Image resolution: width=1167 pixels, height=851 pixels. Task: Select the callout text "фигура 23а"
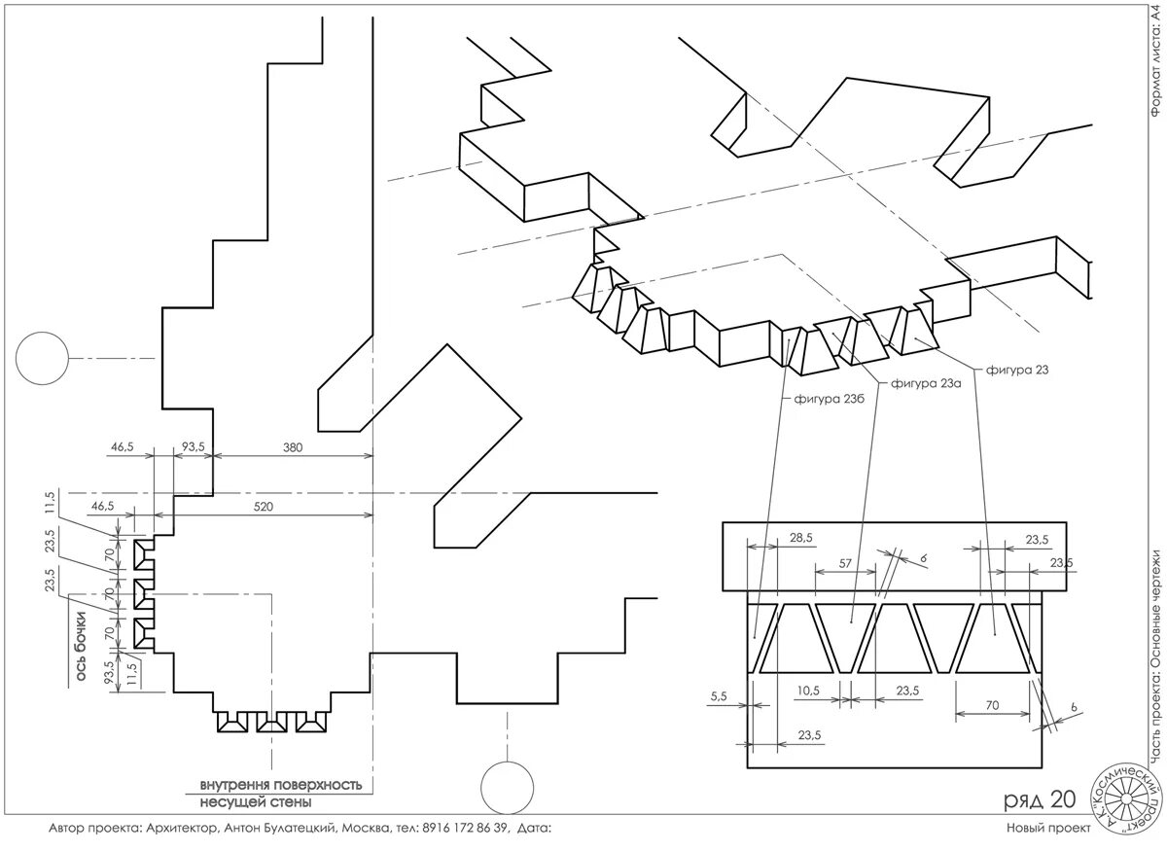(x=926, y=384)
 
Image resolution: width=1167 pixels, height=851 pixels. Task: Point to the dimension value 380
(x=294, y=448)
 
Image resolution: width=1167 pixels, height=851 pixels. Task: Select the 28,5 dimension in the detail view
(x=802, y=538)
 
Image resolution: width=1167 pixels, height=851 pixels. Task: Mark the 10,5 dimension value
(x=808, y=691)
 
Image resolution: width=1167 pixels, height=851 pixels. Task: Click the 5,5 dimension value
(x=720, y=696)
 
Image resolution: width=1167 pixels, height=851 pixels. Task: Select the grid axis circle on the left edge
(x=39, y=357)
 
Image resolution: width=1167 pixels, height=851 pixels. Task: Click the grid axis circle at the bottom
(x=506, y=786)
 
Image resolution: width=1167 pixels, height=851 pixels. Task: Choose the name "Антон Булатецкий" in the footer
(x=280, y=828)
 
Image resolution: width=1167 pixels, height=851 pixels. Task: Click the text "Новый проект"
(x=1043, y=828)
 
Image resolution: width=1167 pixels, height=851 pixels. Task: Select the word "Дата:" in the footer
(x=535, y=828)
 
